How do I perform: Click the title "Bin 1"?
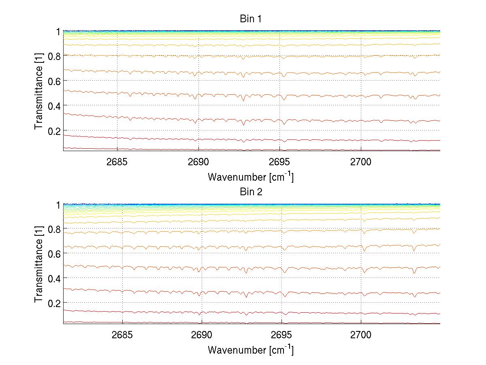(251, 19)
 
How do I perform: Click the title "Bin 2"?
(251, 192)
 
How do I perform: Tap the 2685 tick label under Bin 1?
(117, 162)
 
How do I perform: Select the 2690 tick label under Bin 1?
(198, 162)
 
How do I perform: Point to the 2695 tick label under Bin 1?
(280, 162)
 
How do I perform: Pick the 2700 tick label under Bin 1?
(361, 162)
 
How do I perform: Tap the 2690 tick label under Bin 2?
(202, 335)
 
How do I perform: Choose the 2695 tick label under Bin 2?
(281, 335)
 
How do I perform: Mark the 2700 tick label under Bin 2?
(361, 335)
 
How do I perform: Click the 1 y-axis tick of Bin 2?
(58, 205)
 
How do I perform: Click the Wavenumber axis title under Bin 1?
(251, 177)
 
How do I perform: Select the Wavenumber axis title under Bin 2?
(251, 350)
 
